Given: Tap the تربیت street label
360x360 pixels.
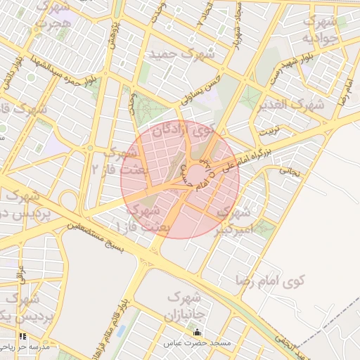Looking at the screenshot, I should [x=270, y=132].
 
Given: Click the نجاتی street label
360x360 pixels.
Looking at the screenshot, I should [x=290, y=170].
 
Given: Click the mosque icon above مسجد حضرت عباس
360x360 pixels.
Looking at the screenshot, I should [x=196, y=333].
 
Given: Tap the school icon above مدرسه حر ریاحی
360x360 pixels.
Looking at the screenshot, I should [x=22, y=337].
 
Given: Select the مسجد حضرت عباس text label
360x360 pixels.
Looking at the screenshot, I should [x=198, y=343].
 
